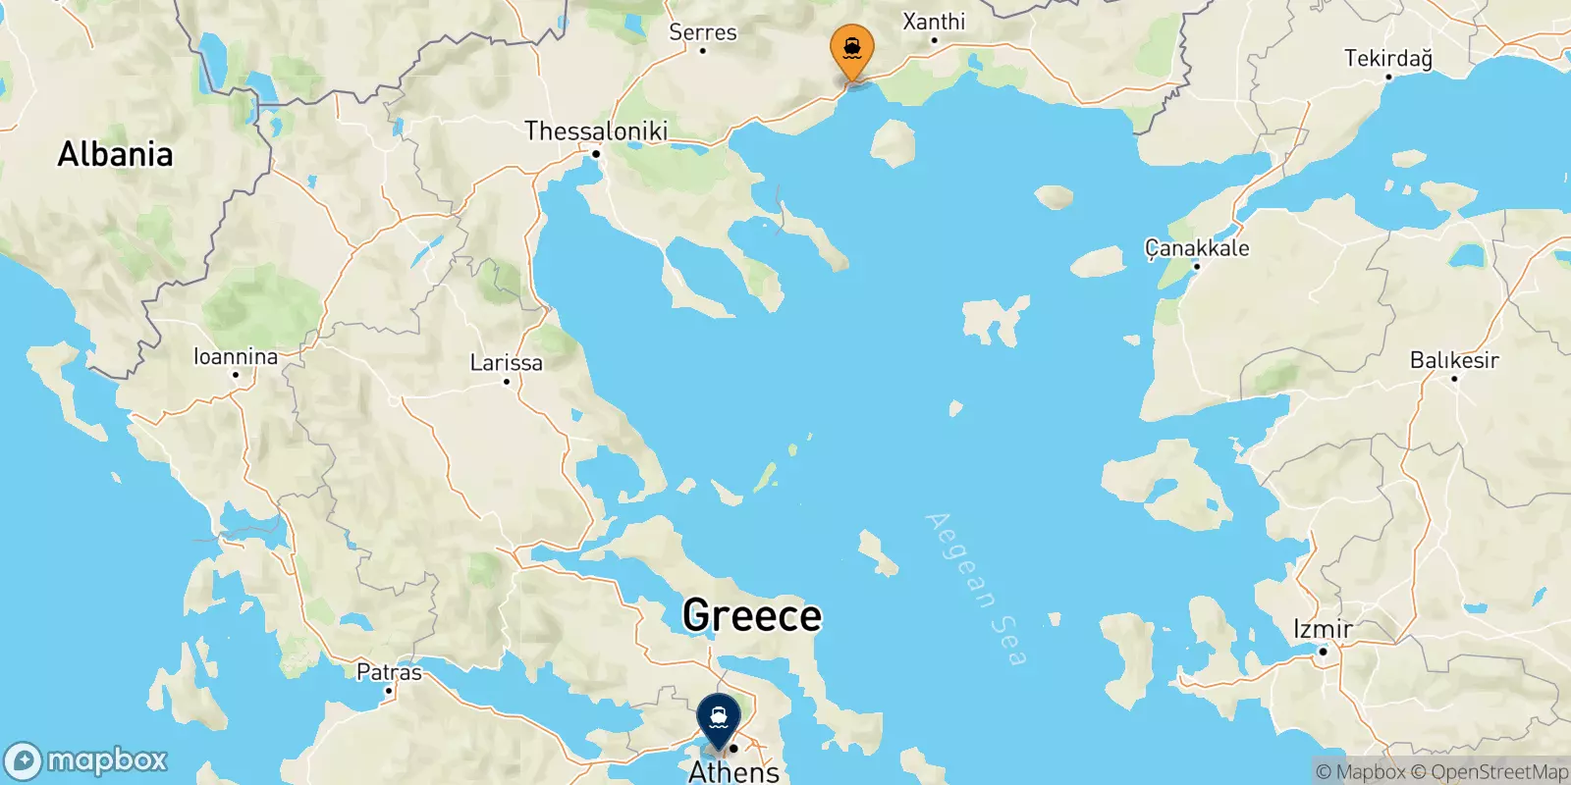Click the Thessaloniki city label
[x=596, y=131]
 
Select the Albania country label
[x=115, y=154]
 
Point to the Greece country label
[x=752, y=615]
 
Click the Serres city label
[x=702, y=31]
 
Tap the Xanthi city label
[x=934, y=21]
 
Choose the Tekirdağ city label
[x=1387, y=58]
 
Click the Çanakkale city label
[x=1197, y=247]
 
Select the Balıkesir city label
[x=1454, y=360]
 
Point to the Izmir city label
[x=1323, y=629]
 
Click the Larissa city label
[x=506, y=362]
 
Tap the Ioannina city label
[x=236, y=356]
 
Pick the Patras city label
[x=389, y=672]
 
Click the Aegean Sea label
[x=976, y=589]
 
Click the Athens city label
[x=733, y=771]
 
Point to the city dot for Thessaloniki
[x=595, y=153]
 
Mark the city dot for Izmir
[x=1323, y=652]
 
